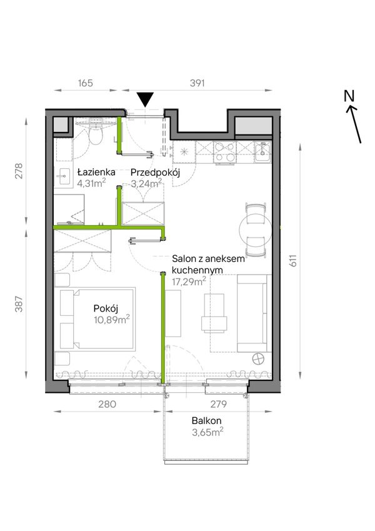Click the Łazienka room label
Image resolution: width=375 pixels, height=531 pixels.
click(x=96, y=173)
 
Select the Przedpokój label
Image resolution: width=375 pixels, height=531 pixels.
click(x=156, y=173)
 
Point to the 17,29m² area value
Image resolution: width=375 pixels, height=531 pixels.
click(x=189, y=281)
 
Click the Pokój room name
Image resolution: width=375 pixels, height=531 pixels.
click(x=106, y=308)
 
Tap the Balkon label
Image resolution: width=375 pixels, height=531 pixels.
click(x=206, y=420)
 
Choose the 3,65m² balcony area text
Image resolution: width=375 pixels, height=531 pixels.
click(x=207, y=432)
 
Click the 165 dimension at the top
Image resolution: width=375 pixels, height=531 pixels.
click(x=85, y=83)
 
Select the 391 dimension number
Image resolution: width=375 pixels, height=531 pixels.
click(x=197, y=83)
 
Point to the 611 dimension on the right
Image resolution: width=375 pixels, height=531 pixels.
click(x=292, y=260)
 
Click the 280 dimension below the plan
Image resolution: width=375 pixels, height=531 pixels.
click(x=108, y=404)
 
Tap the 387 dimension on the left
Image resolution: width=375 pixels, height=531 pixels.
click(x=19, y=304)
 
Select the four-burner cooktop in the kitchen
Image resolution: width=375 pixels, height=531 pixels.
click(x=225, y=152)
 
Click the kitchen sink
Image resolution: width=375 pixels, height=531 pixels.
click(x=263, y=152)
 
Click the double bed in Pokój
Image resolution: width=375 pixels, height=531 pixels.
click(x=97, y=319)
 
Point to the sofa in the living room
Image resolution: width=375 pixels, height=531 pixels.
click(x=254, y=313)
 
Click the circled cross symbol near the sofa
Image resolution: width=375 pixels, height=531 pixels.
click(x=259, y=358)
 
